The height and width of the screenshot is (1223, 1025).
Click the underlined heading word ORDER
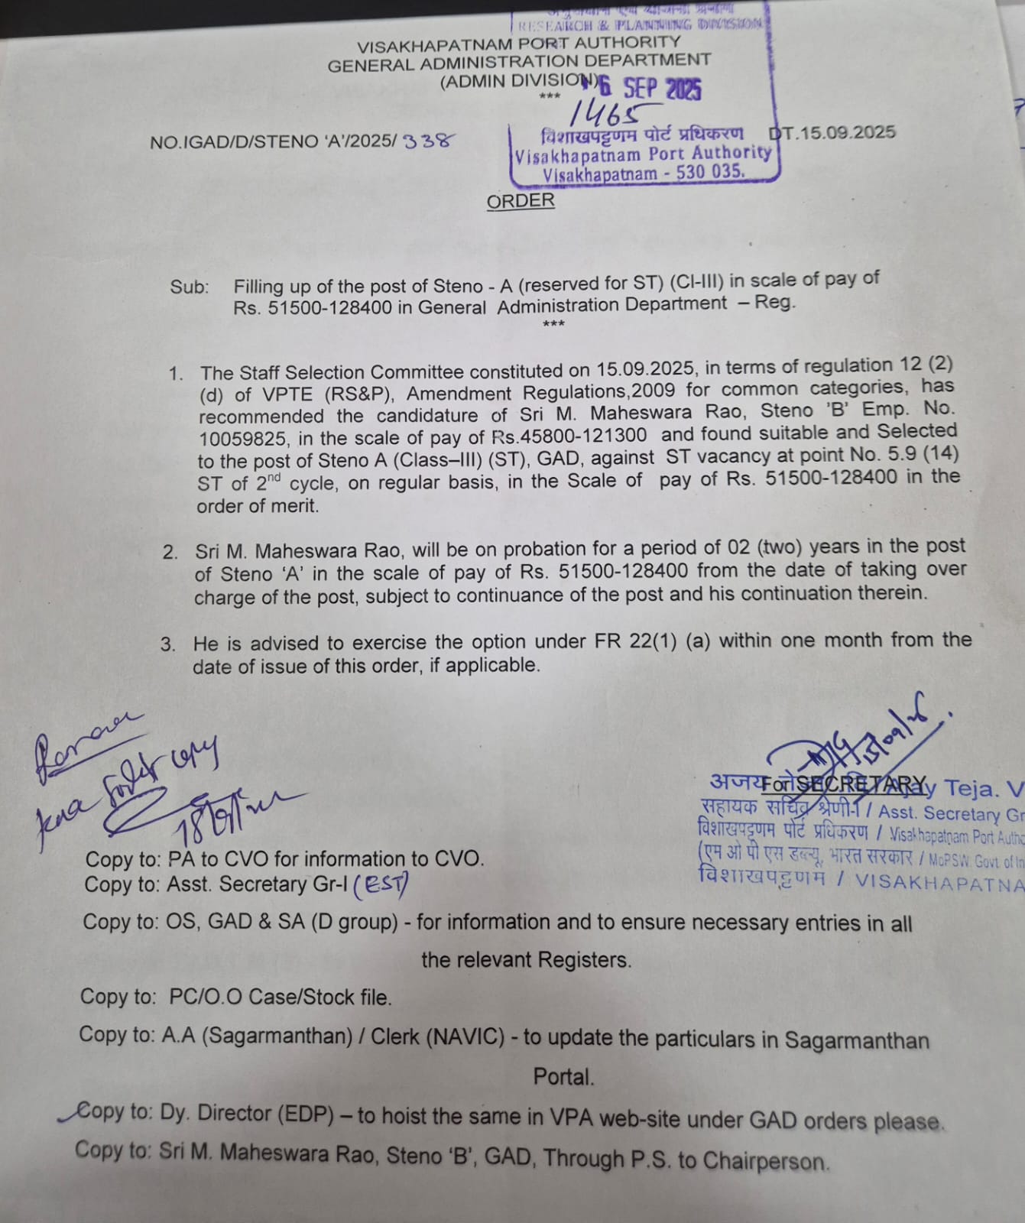click(521, 201)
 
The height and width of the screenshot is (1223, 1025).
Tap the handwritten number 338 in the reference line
click(429, 141)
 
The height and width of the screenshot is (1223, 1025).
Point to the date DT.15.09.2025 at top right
click(833, 133)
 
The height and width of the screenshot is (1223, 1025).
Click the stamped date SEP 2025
click(661, 89)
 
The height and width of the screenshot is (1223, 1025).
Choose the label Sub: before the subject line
click(189, 287)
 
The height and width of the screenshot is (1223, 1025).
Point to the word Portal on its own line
click(563, 1077)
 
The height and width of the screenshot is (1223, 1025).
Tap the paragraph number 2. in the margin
click(170, 552)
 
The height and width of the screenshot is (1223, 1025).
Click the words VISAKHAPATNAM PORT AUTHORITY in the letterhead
click(518, 44)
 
